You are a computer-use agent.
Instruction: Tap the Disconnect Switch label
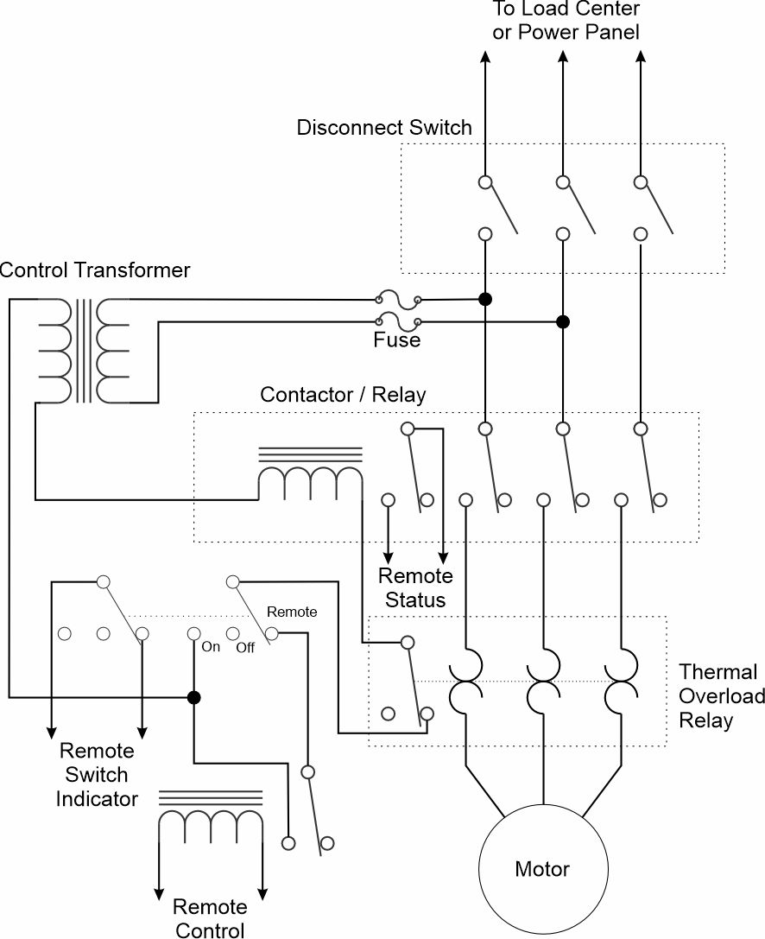pos(384,128)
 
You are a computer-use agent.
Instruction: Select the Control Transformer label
pos(95,270)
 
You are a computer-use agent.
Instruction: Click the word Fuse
pos(397,340)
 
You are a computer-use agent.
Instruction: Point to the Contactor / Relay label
pos(343,395)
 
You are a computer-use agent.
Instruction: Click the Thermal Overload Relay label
pos(721,696)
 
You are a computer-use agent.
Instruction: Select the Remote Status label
pos(415,587)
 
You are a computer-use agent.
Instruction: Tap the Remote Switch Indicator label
pos(97,775)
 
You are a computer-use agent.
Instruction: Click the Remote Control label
pos(210,917)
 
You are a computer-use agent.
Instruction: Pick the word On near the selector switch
pos(211,647)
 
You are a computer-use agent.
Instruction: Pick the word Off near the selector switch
pos(245,647)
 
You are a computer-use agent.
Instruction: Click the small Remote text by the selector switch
pos(292,612)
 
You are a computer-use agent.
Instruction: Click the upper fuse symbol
pos(398,299)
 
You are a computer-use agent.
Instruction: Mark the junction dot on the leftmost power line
pos(485,299)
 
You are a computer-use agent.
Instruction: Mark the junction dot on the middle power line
pos(563,322)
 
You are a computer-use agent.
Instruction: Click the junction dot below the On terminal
pos(193,697)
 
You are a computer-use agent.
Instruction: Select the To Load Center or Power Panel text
pos(566,21)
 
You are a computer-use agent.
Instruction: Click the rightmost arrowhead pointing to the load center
pos(641,57)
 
